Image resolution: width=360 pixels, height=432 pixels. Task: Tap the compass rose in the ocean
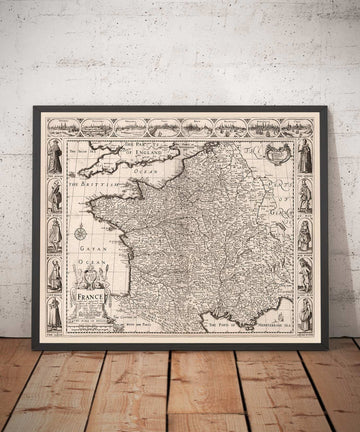[x=80, y=233]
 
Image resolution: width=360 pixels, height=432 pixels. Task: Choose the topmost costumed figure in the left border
[x=54, y=156]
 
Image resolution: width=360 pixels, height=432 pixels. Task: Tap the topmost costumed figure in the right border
[x=304, y=156]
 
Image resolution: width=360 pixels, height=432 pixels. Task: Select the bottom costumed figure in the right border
[x=304, y=313]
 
